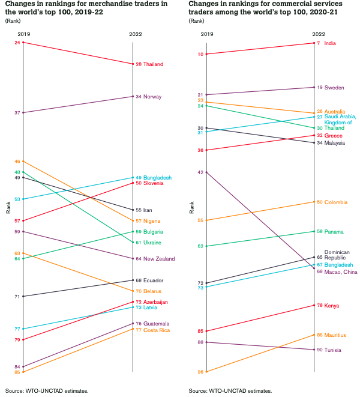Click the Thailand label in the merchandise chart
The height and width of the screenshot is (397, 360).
(154, 64)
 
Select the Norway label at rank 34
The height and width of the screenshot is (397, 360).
(153, 97)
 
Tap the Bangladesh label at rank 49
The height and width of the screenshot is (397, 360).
(157, 178)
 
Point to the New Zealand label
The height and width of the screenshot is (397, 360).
(159, 259)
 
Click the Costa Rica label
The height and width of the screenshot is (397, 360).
(156, 330)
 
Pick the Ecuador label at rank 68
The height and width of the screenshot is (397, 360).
(154, 280)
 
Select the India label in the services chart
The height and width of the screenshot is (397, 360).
(330, 43)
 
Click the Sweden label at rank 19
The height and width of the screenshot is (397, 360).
(334, 88)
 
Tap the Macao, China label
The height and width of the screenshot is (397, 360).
(340, 271)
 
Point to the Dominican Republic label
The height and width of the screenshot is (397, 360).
(337, 255)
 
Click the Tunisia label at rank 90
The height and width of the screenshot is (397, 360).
(333, 350)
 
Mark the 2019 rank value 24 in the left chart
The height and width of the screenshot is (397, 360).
(17, 43)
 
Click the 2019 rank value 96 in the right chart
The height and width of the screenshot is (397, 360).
(201, 372)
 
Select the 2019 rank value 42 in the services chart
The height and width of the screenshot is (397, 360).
(201, 172)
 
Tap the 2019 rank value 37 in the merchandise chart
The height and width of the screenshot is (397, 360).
(17, 112)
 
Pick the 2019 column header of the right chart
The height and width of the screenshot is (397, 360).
(206, 34)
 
